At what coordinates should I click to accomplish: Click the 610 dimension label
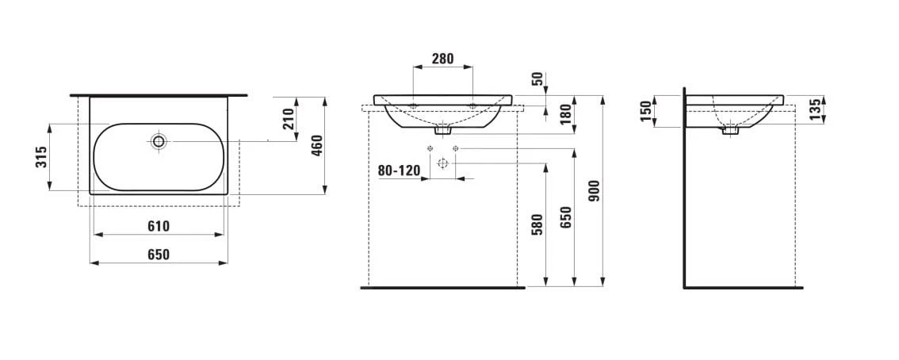tap(159, 227)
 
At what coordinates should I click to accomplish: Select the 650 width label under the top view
tap(159, 255)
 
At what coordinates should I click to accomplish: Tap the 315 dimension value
tap(40, 157)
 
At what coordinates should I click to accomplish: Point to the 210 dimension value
tap(289, 119)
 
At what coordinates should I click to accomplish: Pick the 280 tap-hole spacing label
tap(442, 58)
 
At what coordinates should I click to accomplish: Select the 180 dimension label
tap(565, 115)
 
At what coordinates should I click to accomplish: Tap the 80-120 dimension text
tap(399, 170)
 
